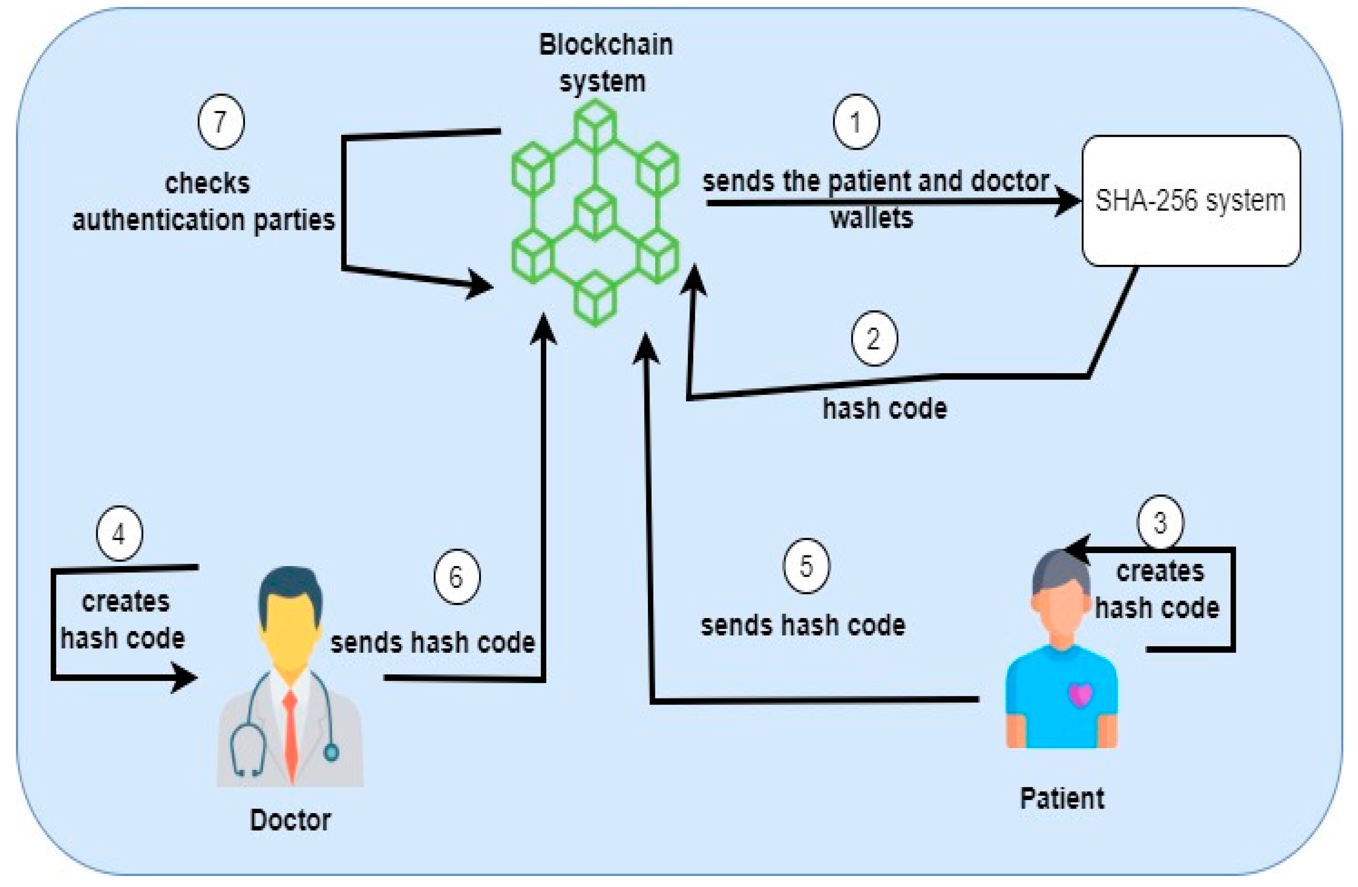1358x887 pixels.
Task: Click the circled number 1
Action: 856,122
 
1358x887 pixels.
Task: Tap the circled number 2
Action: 874,339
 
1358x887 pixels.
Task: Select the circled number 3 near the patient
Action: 1160,522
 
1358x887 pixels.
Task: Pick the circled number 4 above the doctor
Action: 119,534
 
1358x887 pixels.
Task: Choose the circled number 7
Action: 221,122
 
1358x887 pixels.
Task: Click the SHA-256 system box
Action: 1191,201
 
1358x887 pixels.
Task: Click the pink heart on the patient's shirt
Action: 1080,695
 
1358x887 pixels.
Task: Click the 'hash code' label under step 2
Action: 884,409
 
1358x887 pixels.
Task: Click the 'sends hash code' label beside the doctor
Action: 432,643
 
